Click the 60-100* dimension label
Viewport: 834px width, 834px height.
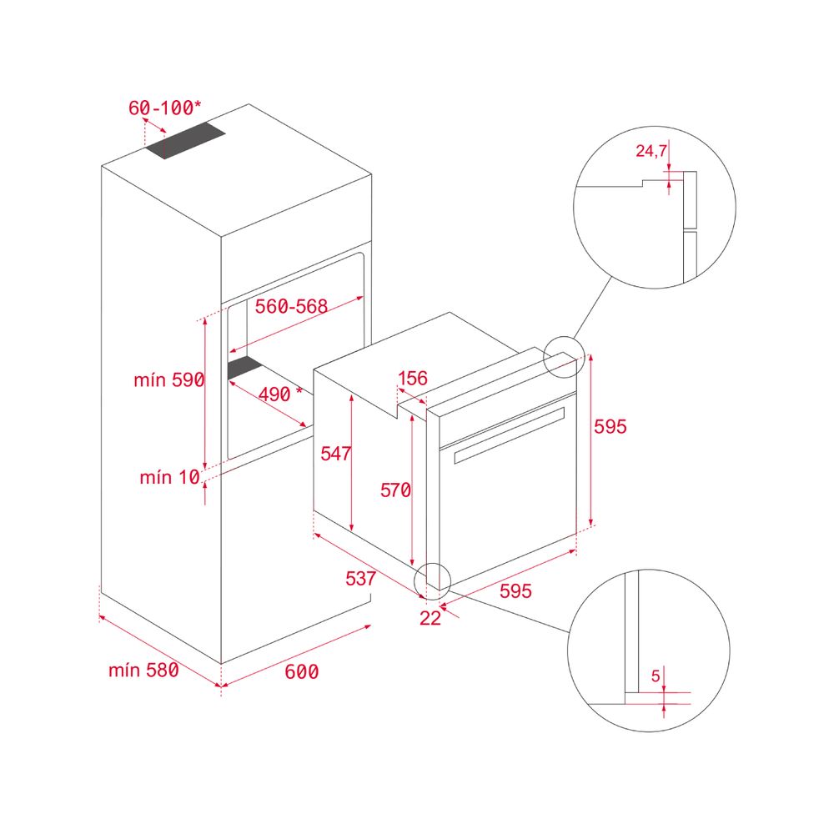[x=165, y=108]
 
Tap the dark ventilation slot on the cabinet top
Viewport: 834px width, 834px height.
[x=186, y=140]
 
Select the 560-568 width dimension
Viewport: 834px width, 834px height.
[x=291, y=306]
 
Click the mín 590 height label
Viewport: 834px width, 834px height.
[x=169, y=379]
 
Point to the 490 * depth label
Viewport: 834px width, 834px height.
[x=280, y=394]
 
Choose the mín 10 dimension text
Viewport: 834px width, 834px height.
[x=169, y=477]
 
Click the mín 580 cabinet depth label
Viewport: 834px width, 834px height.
[x=143, y=671]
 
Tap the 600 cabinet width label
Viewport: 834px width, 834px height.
[x=302, y=671]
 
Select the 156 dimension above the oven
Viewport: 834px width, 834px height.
[x=413, y=378]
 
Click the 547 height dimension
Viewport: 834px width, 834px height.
[x=335, y=454]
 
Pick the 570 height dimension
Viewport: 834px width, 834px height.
[x=395, y=490]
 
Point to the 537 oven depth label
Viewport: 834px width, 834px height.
[x=360, y=578]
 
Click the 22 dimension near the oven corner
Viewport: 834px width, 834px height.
[x=430, y=618]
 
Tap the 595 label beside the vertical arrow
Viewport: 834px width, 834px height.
[x=610, y=426]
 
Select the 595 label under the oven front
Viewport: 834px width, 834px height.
[x=515, y=591]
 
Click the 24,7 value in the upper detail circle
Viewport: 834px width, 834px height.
[x=651, y=151]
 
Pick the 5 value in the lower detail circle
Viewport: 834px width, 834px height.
[x=656, y=676]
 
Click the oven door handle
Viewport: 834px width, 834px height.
[x=509, y=435]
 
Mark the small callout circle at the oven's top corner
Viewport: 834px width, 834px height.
[x=564, y=357]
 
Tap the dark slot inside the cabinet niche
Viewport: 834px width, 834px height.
[x=244, y=368]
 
